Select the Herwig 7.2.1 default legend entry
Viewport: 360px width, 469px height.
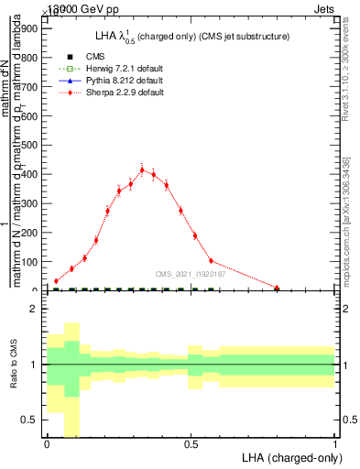click(x=115, y=70)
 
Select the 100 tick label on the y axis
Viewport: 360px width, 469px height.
click(x=29, y=262)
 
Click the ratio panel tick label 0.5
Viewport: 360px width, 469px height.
click(x=30, y=420)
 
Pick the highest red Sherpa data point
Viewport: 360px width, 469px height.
click(x=142, y=169)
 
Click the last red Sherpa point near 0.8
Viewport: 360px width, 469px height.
click(x=277, y=288)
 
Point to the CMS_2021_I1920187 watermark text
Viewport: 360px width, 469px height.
click(x=191, y=273)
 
